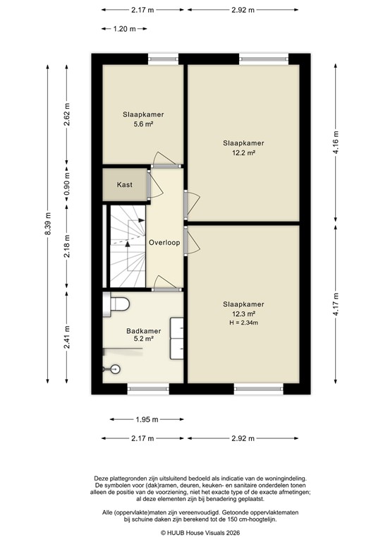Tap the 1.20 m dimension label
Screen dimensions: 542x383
(123, 30)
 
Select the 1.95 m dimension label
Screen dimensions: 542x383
(145, 419)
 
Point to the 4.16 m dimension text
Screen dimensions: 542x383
(336, 143)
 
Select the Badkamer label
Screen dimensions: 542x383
(143, 330)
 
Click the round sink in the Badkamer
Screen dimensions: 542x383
(116, 368)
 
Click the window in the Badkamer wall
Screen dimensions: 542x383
(148, 386)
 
